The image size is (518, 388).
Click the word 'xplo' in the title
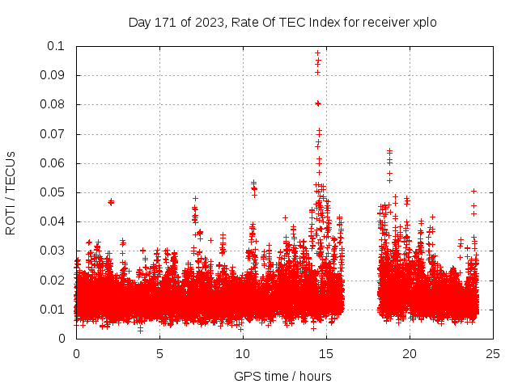[424, 23]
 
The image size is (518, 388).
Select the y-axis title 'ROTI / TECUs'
[11, 192]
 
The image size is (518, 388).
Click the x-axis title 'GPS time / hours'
[282, 376]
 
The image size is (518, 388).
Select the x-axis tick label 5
[159, 353]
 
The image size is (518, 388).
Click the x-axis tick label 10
[243, 353]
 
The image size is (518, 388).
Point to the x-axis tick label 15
[326, 353]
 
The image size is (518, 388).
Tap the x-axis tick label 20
[410, 353]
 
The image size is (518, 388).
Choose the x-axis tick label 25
[493, 353]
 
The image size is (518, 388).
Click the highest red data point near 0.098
[318, 53]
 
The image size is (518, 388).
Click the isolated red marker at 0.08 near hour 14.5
[318, 103]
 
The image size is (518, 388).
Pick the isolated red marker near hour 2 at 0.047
[111, 201]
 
